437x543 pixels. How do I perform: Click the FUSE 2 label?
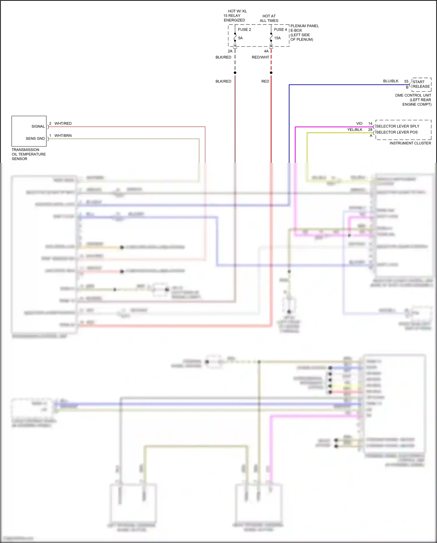tap(244, 29)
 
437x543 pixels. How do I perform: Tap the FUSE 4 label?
tap(280, 29)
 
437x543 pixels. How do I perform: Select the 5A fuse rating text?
tap(240, 38)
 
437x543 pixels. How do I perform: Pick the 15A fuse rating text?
tap(277, 38)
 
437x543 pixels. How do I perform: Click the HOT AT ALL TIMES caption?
tap(269, 18)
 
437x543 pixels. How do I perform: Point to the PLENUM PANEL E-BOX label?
tap(304, 28)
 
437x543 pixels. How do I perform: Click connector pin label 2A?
tap(230, 51)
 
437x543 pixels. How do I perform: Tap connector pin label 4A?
tap(266, 51)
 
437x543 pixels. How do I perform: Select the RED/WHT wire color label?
tap(260, 57)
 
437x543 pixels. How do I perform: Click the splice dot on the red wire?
tap(271, 73)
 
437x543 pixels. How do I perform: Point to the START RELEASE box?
tap(421, 84)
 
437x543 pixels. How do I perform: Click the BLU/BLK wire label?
tap(391, 81)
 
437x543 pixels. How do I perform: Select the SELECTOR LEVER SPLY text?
tap(398, 126)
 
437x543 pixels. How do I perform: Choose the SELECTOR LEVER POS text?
tap(397, 132)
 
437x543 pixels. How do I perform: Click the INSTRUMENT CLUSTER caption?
tap(410, 143)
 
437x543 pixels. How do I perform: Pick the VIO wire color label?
tap(359, 123)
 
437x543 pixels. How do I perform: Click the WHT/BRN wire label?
tap(63, 136)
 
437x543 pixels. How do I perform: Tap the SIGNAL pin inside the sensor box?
tap(38, 126)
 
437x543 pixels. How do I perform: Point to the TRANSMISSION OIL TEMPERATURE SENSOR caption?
tap(29, 154)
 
